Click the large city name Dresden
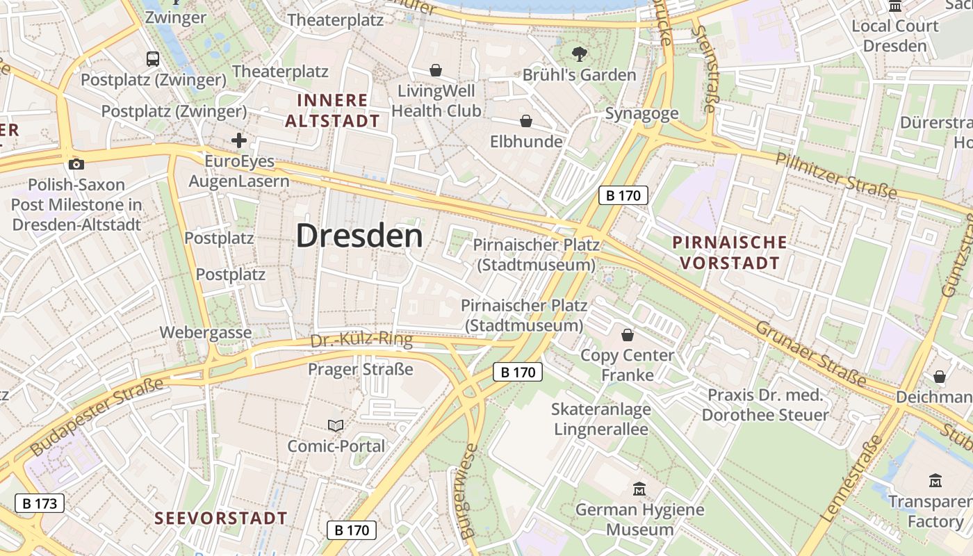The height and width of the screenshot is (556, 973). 359,236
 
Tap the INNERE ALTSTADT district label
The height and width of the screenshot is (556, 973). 333,111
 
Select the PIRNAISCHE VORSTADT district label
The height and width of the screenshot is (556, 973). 730,253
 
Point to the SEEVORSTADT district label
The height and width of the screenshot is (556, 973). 221,518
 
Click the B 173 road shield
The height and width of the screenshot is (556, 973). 40,503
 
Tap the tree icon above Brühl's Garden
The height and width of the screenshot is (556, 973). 579,54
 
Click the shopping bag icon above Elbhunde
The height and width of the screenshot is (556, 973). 526,122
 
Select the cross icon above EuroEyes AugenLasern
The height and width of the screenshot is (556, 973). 239,141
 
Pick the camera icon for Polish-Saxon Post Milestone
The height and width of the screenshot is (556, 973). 76,165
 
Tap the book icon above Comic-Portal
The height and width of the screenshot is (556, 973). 336,425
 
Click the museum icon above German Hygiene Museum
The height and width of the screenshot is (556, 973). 639,489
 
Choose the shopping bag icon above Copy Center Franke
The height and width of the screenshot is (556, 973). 628,336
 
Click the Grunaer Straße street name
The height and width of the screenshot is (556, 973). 810,353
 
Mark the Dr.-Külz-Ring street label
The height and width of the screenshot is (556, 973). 361,341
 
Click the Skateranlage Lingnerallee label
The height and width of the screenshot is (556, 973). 601,419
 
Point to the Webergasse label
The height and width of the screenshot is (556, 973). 206,332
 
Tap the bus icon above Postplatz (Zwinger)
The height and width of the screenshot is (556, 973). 153,59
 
